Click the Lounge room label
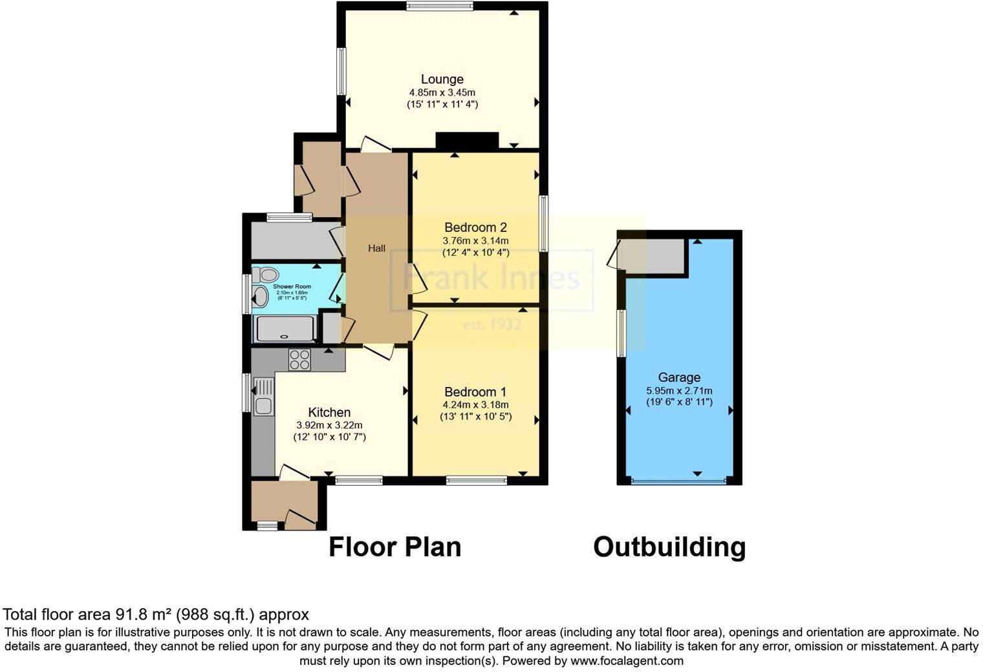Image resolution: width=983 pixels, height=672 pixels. [442, 79]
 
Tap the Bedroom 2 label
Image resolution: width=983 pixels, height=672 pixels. [475, 227]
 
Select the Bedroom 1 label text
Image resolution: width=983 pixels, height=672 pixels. [475, 392]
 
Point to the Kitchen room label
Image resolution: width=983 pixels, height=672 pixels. [329, 412]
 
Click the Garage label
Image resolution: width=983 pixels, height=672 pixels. [679, 377]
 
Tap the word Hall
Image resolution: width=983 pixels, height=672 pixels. [377, 248]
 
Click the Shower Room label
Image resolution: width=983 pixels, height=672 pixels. [292, 286]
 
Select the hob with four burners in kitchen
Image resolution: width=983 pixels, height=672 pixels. [299, 359]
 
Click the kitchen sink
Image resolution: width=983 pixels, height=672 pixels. [263, 406]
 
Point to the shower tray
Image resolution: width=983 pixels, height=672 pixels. [285, 329]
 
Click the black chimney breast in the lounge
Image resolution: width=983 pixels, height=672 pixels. [467, 140]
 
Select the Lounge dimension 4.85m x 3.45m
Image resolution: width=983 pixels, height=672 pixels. [442, 92]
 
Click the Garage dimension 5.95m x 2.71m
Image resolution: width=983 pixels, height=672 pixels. [679, 390]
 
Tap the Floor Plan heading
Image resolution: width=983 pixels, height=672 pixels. [394, 547]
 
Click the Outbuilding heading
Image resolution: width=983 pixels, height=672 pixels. [669, 547]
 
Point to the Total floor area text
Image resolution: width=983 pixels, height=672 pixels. [156, 614]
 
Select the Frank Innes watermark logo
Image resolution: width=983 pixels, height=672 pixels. [492, 278]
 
